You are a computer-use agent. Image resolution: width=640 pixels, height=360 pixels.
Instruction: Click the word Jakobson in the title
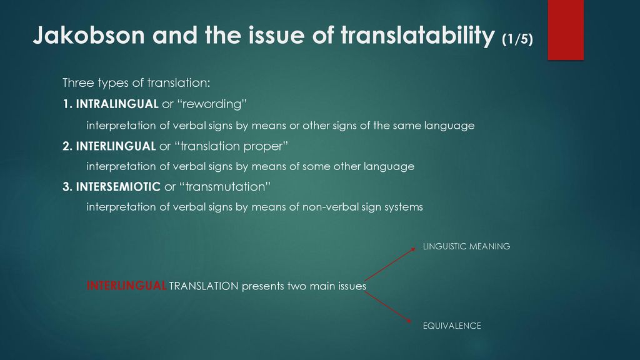coord(89,35)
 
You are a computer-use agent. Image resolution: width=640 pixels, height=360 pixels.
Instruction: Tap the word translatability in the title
coord(417,36)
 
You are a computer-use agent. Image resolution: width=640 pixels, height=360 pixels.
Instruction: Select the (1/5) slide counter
coord(517,39)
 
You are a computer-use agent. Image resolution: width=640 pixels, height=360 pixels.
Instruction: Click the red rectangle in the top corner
coord(566,30)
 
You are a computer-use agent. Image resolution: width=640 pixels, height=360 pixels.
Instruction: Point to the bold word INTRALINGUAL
coord(117,104)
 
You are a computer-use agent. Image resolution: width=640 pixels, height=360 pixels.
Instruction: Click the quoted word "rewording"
coord(212,104)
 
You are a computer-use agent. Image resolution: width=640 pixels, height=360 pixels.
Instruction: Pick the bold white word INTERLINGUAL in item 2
coord(116,146)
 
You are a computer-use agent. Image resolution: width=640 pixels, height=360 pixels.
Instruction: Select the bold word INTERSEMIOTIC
coord(118,187)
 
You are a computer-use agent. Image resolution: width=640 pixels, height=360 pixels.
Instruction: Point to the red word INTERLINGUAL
coord(126,286)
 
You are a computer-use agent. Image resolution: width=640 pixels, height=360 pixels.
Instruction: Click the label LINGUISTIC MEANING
coord(466,246)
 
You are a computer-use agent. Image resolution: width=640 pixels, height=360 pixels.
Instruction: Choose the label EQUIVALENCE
coord(452,326)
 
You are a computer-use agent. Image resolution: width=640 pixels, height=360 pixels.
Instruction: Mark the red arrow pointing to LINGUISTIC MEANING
coord(390,264)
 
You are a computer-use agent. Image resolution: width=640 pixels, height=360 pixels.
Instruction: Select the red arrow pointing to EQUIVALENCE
coord(387,307)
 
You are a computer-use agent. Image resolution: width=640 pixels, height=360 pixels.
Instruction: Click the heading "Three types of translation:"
coord(136,83)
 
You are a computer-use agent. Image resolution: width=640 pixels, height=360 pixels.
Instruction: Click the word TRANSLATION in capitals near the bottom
coord(204,286)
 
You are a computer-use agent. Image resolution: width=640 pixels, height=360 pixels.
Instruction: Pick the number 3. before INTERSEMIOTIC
coord(67,187)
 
